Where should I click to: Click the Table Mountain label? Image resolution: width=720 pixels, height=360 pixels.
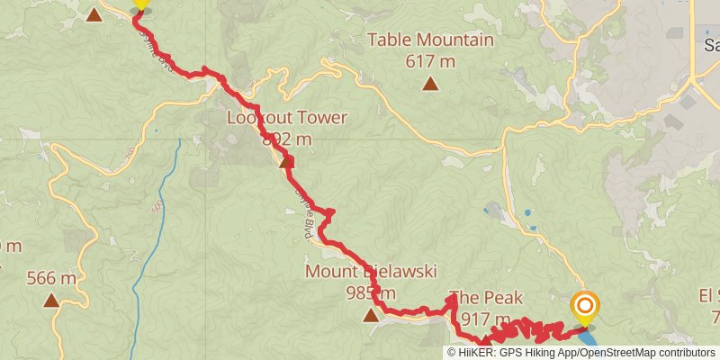coord(431,40)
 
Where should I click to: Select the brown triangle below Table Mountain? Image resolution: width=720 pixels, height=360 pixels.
coord(431,85)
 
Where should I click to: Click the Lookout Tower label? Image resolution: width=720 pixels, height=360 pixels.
coord(286,118)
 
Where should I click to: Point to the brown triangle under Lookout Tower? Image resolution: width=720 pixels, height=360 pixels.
coord(287,162)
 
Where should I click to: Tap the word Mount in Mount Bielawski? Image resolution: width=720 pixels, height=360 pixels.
coord(328,272)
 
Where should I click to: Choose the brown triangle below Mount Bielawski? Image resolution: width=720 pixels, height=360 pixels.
coord(370,315)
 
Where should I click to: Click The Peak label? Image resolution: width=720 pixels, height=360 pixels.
coord(485,298)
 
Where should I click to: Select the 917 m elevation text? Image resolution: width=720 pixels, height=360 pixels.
coord(485,319)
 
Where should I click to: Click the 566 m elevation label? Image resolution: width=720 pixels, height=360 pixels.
coord(51,278)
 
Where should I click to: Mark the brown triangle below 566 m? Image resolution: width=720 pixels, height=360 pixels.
coord(51,301)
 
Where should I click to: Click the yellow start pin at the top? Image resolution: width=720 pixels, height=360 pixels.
coord(140,4)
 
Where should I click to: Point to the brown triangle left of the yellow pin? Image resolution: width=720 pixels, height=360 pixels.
coord(94,13)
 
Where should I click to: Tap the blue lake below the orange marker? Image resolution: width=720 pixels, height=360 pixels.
coord(589,338)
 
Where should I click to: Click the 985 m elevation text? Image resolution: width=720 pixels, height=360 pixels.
coord(370,292)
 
